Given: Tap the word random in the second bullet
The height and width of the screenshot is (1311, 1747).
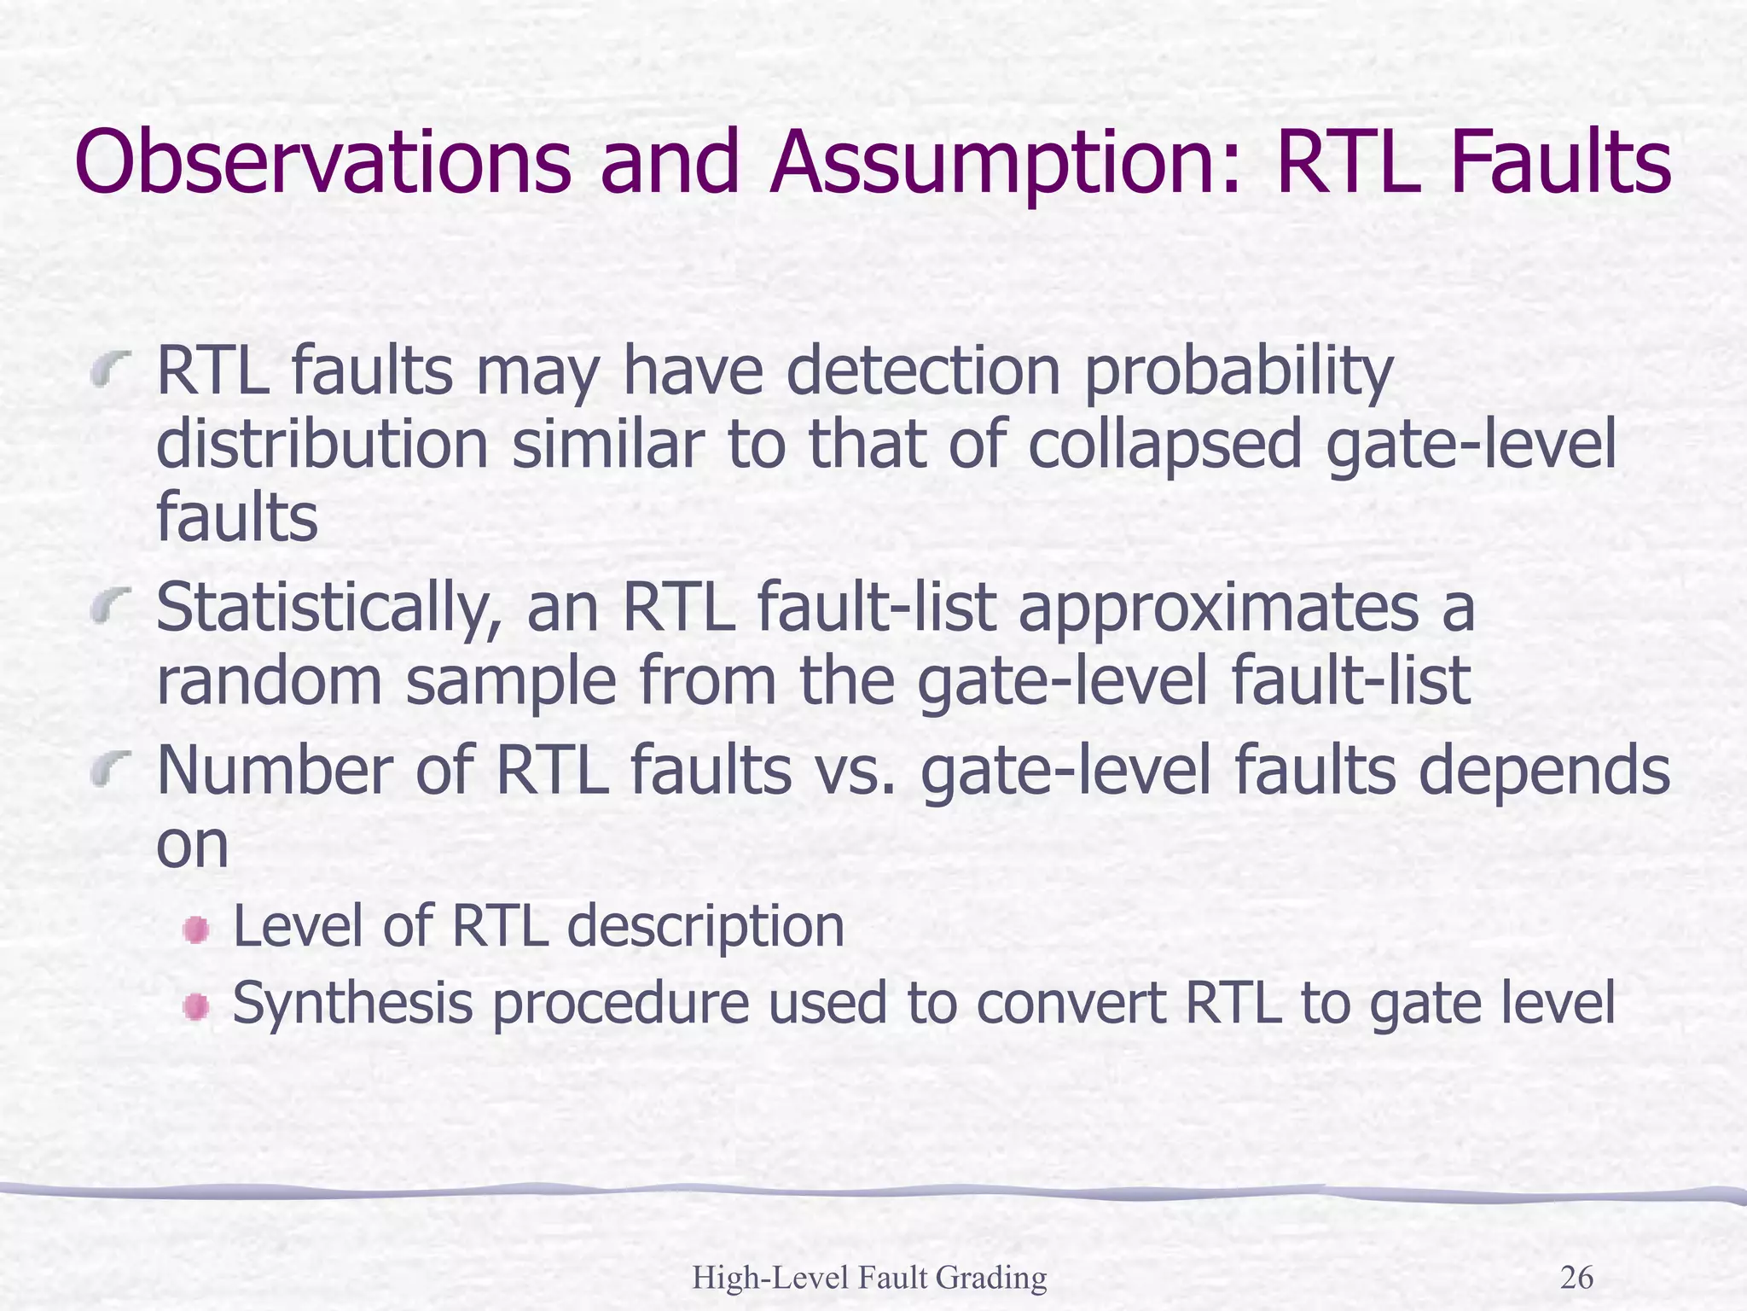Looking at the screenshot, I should point(269,681).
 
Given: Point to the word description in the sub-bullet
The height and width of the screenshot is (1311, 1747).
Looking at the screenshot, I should point(705,928).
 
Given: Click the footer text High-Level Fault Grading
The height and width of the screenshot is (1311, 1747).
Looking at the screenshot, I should point(869,1278).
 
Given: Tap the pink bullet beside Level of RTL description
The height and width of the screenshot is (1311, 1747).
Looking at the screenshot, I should point(196,929).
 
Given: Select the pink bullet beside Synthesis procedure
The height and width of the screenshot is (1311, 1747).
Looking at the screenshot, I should point(196,1007).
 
